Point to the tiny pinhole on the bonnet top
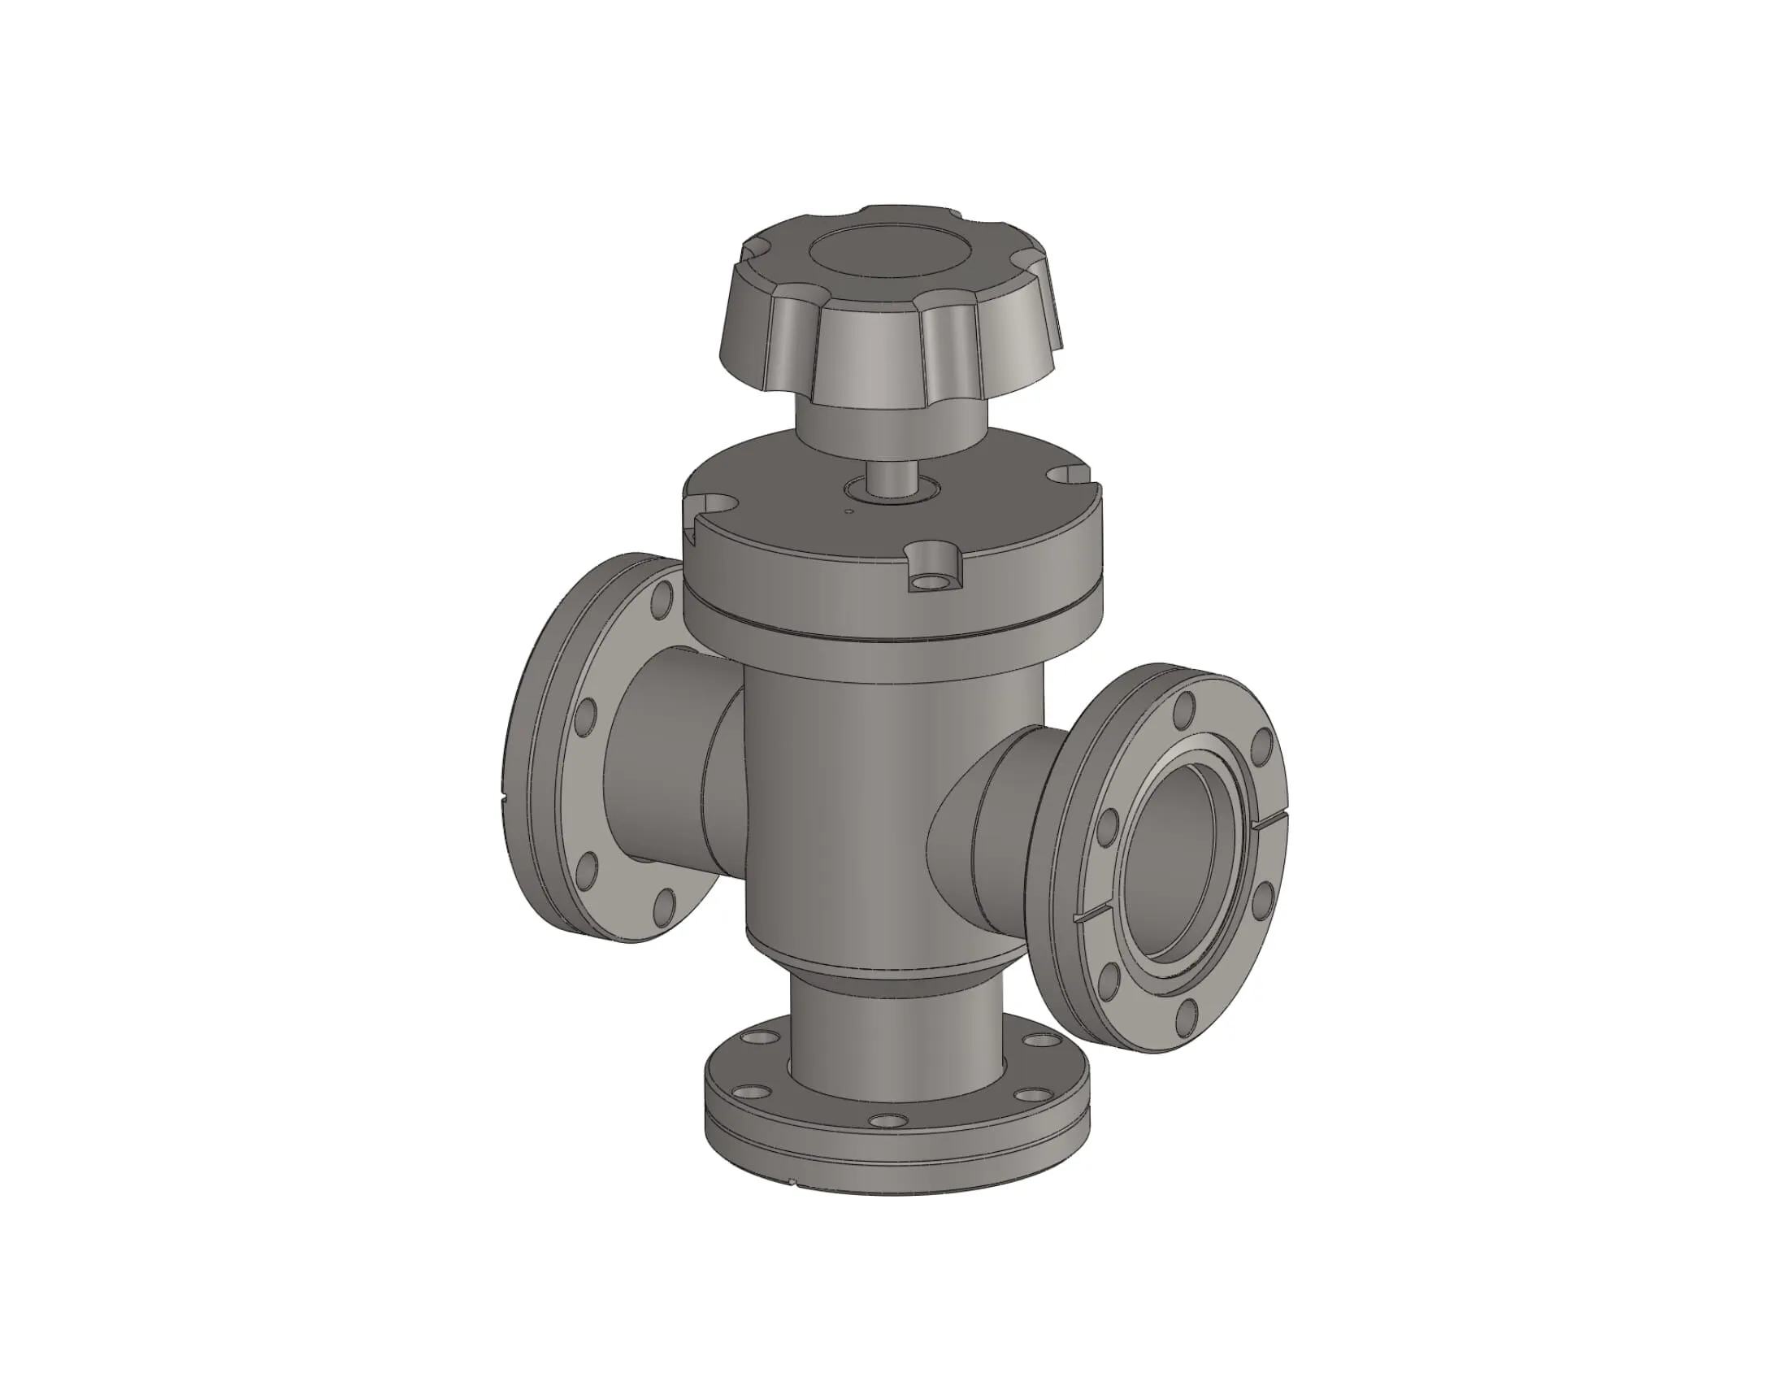pyautogui.click(x=849, y=513)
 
